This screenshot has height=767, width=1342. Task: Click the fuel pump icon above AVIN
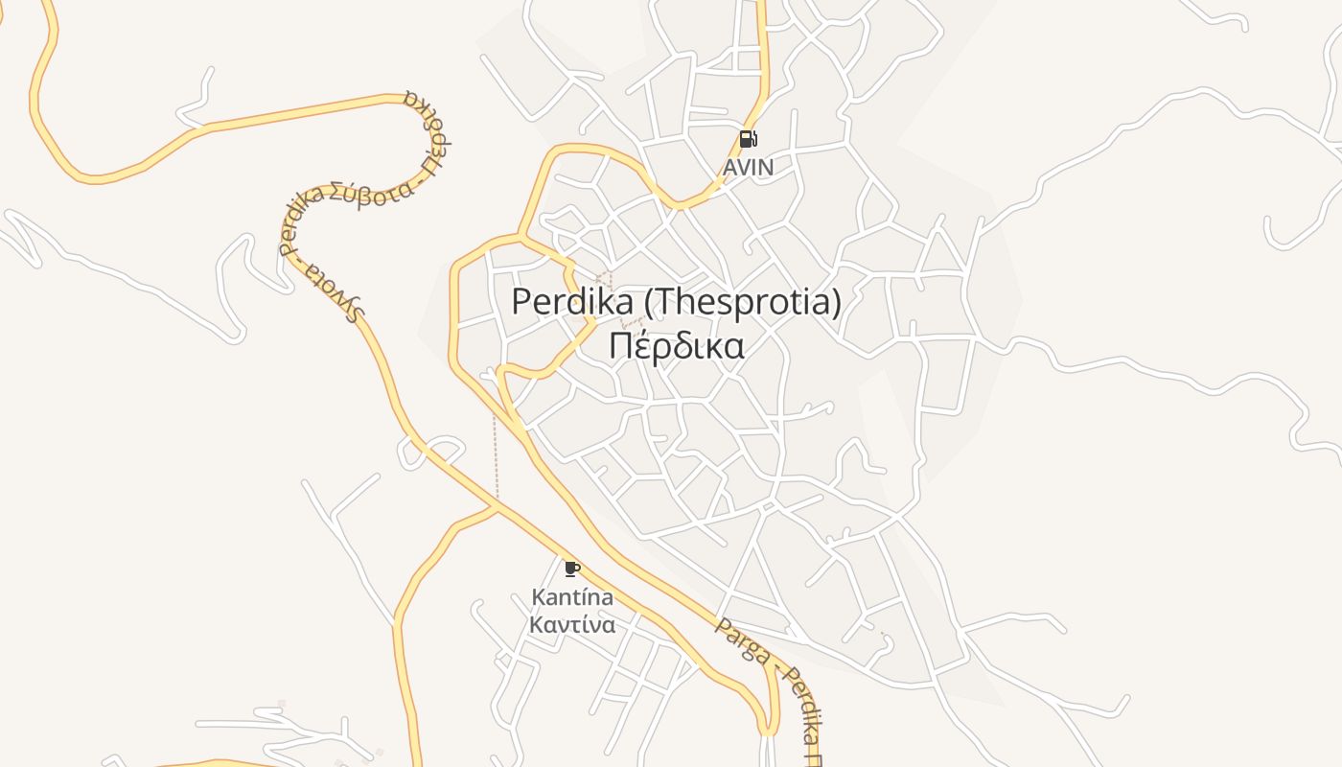point(748,139)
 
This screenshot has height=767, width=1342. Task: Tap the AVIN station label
point(748,168)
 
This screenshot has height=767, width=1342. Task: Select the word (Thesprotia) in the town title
point(742,302)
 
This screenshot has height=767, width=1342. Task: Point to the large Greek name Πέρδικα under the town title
point(677,345)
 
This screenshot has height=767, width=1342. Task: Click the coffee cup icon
point(572,569)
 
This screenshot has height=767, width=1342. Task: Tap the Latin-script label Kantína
point(572,597)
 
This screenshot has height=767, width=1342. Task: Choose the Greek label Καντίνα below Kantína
point(572,625)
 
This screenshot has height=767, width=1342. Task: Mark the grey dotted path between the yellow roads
point(496,455)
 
